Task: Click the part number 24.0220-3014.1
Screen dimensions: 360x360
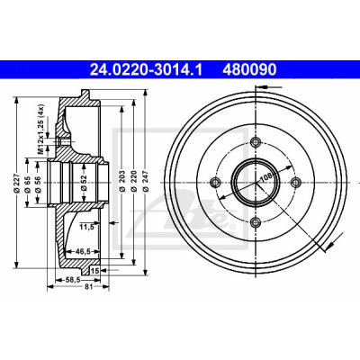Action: click(147, 69)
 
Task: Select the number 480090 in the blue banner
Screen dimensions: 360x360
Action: click(249, 69)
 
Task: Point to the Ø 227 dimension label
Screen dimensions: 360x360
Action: click(17, 183)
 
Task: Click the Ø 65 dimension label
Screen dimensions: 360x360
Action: click(28, 184)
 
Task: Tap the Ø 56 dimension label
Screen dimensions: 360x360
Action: click(38, 184)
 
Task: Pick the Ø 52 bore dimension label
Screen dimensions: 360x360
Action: click(84, 183)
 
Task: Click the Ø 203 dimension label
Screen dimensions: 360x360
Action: click(122, 181)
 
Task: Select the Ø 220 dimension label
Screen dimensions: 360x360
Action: click(134, 181)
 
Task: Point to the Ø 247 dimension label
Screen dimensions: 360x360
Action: click(146, 181)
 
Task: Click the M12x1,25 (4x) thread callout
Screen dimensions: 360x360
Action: click(41, 130)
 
